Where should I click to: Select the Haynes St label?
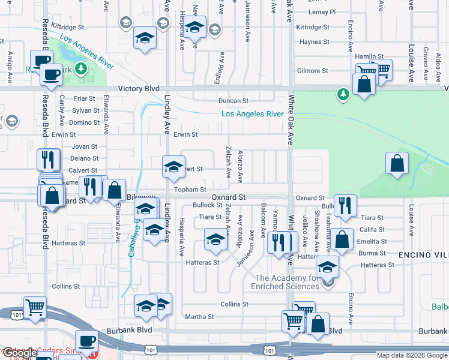311,42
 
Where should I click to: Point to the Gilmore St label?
312,71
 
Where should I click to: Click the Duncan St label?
233,101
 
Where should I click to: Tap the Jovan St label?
84,146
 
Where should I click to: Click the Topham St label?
190,190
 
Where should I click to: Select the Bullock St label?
208,205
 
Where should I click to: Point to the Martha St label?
196,317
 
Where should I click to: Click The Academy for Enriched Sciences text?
288,282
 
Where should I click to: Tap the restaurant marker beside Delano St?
48,160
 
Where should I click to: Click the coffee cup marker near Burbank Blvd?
86,340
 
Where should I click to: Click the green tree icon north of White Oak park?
343,94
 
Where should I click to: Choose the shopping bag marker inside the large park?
397,163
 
